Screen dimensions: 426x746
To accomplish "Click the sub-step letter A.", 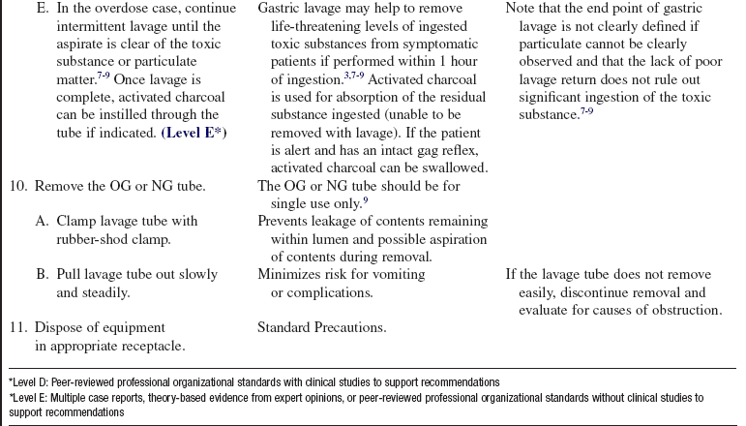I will (42, 221).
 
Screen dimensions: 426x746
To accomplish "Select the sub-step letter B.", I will (42, 275).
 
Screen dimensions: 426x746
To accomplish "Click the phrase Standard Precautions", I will (321, 327).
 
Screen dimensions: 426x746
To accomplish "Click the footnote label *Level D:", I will (28, 382).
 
